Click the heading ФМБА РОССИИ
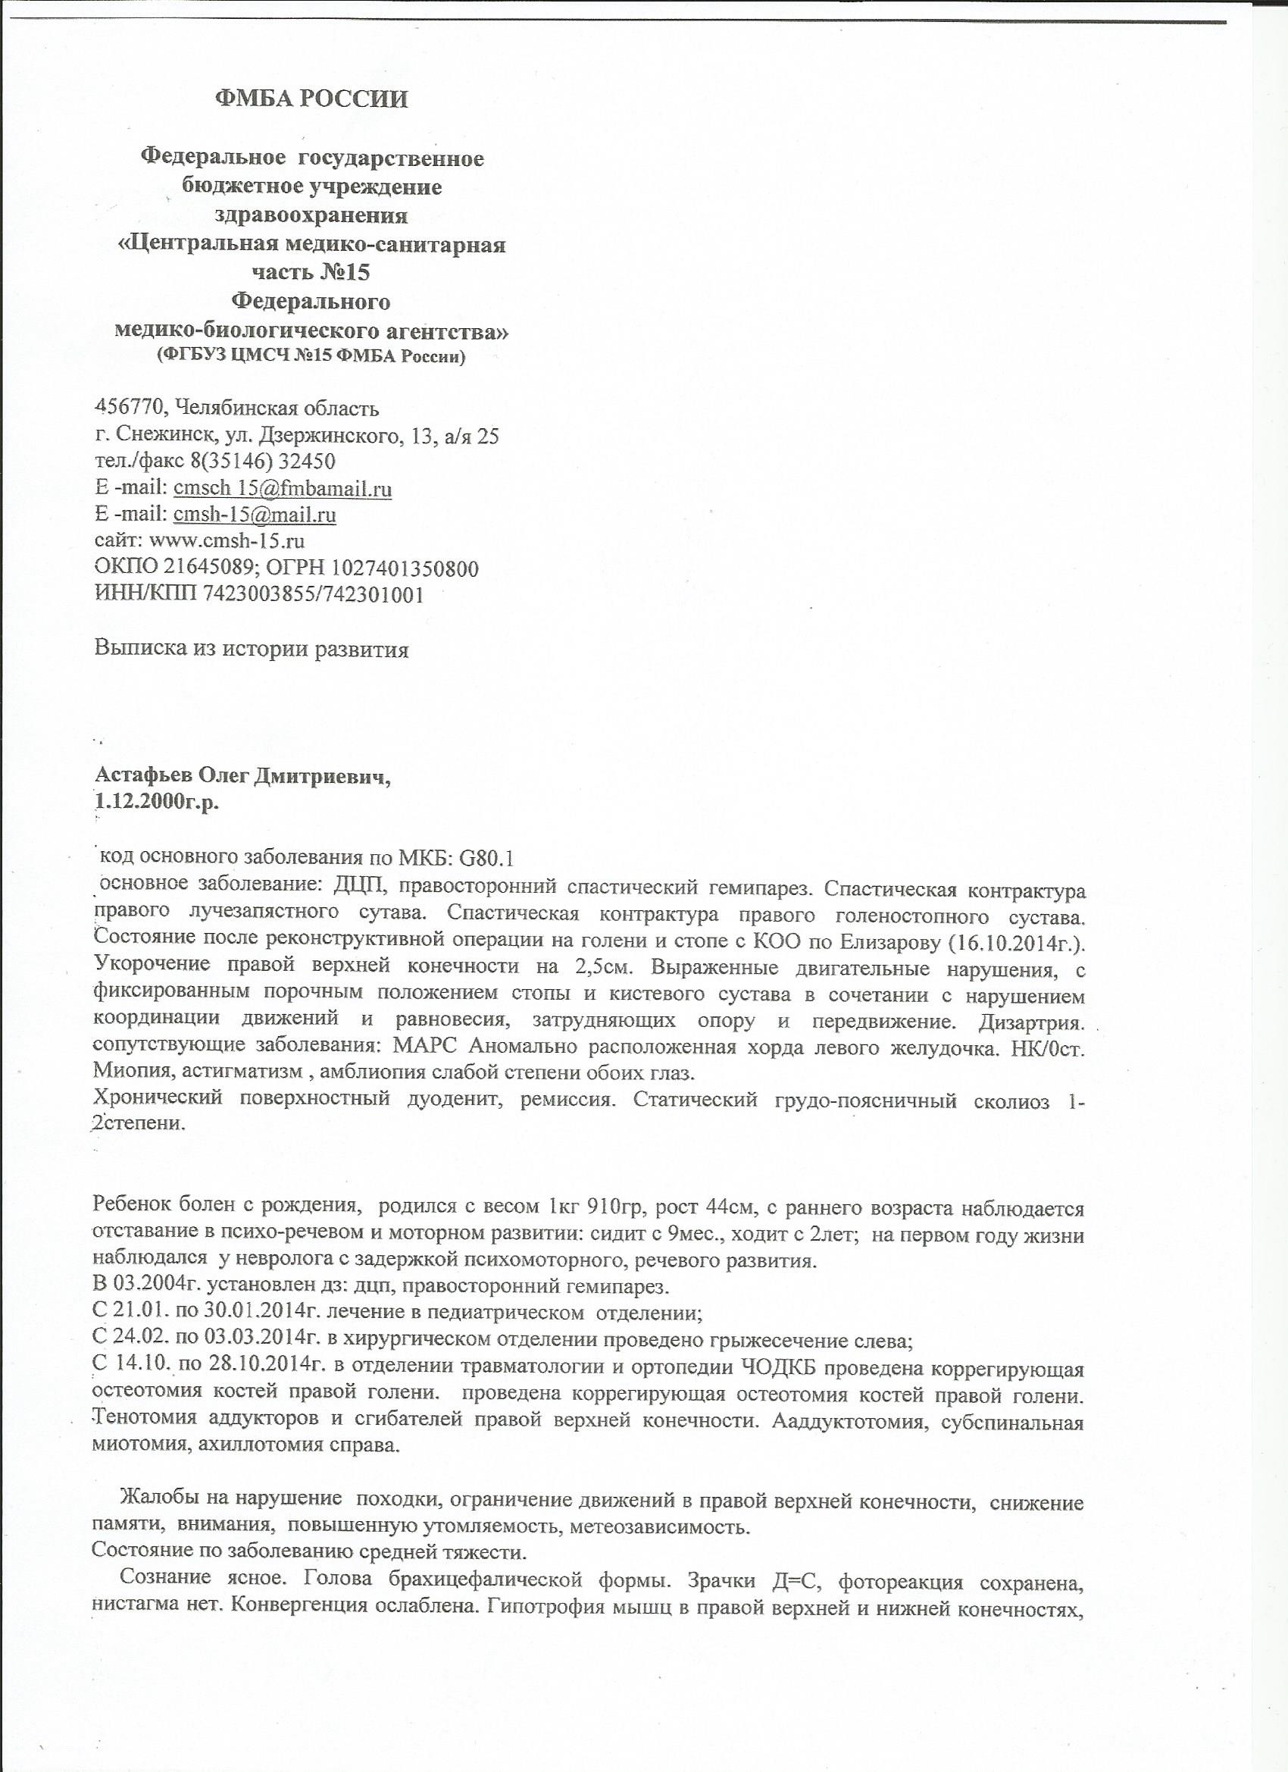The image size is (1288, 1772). (x=311, y=99)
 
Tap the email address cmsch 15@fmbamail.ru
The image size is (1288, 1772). (x=282, y=489)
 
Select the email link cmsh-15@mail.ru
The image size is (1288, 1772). (x=255, y=515)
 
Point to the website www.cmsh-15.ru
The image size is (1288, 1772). (x=227, y=541)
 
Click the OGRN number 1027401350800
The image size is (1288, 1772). (x=405, y=568)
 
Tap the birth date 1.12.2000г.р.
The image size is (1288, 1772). (x=156, y=803)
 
